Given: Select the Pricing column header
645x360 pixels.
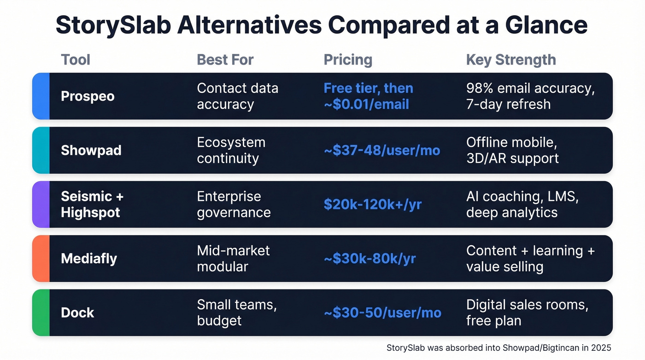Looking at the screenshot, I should [348, 60].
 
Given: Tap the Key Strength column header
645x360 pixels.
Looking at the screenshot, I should [511, 60].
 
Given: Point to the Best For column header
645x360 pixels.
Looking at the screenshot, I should [225, 60].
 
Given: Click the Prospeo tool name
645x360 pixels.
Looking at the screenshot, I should [88, 96].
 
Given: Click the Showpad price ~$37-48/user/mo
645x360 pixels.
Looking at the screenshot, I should [382, 150].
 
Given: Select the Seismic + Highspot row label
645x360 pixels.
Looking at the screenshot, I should [92, 204].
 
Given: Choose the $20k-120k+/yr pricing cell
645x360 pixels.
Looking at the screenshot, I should [373, 204].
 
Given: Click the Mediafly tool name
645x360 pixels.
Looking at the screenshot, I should [89, 259].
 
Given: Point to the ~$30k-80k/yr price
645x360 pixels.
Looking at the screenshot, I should [370, 259].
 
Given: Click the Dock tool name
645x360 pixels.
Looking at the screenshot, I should [77, 313].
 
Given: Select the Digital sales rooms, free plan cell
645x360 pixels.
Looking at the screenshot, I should [527, 313].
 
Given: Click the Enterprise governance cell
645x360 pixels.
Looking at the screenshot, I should [234, 204].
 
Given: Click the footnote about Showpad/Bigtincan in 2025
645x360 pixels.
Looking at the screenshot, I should [498, 348].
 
